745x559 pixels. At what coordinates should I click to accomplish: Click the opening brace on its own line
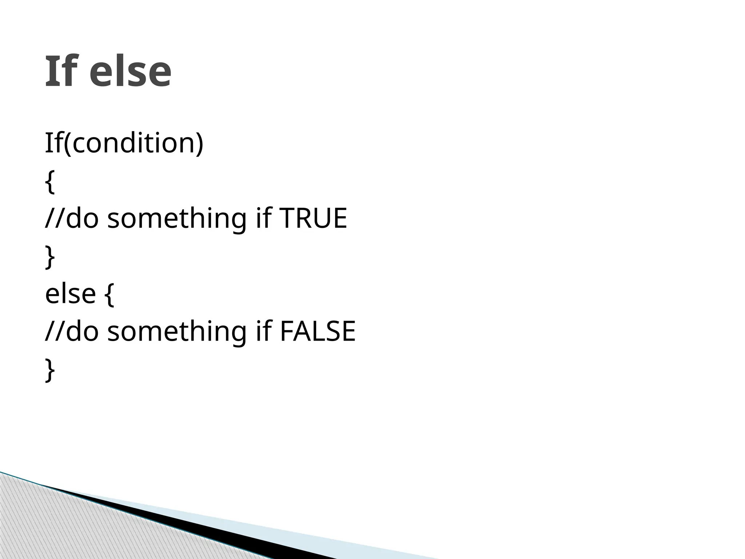point(50,182)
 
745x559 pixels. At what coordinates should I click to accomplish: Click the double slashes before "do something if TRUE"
point(55,219)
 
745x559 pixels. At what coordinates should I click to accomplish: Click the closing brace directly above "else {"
point(50,257)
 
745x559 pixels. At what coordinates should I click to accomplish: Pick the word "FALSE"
point(317,331)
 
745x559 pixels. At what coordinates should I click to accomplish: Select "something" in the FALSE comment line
point(177,332)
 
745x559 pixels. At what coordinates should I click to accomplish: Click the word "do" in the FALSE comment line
point(82,331)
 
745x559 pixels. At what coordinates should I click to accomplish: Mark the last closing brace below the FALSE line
point(50,370)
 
